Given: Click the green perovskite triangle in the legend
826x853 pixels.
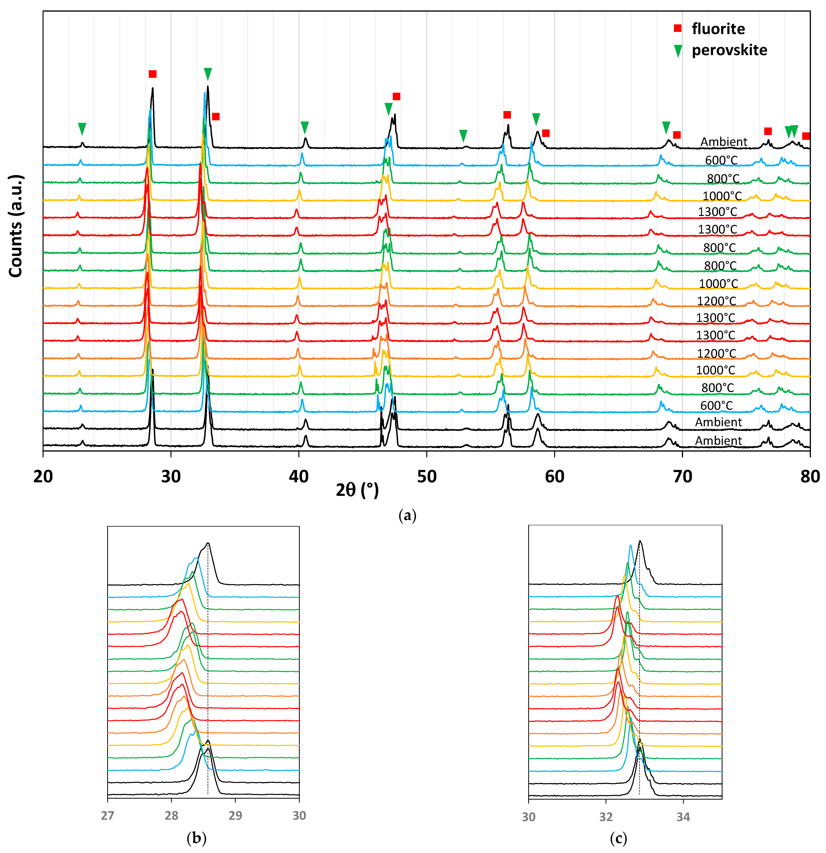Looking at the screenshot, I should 678,51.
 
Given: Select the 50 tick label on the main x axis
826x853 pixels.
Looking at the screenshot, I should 426,477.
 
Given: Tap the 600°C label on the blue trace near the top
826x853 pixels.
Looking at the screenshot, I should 721,160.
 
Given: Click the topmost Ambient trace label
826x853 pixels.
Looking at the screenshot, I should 724,142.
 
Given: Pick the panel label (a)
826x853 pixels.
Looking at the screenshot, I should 407,516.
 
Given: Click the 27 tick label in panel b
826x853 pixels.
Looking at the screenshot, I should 108,815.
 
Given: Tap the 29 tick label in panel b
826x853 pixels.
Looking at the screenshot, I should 235,815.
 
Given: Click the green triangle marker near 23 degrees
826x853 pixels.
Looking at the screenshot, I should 82,129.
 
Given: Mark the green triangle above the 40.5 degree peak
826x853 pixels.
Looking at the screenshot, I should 305,127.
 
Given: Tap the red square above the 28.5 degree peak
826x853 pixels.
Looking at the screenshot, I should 152,74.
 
